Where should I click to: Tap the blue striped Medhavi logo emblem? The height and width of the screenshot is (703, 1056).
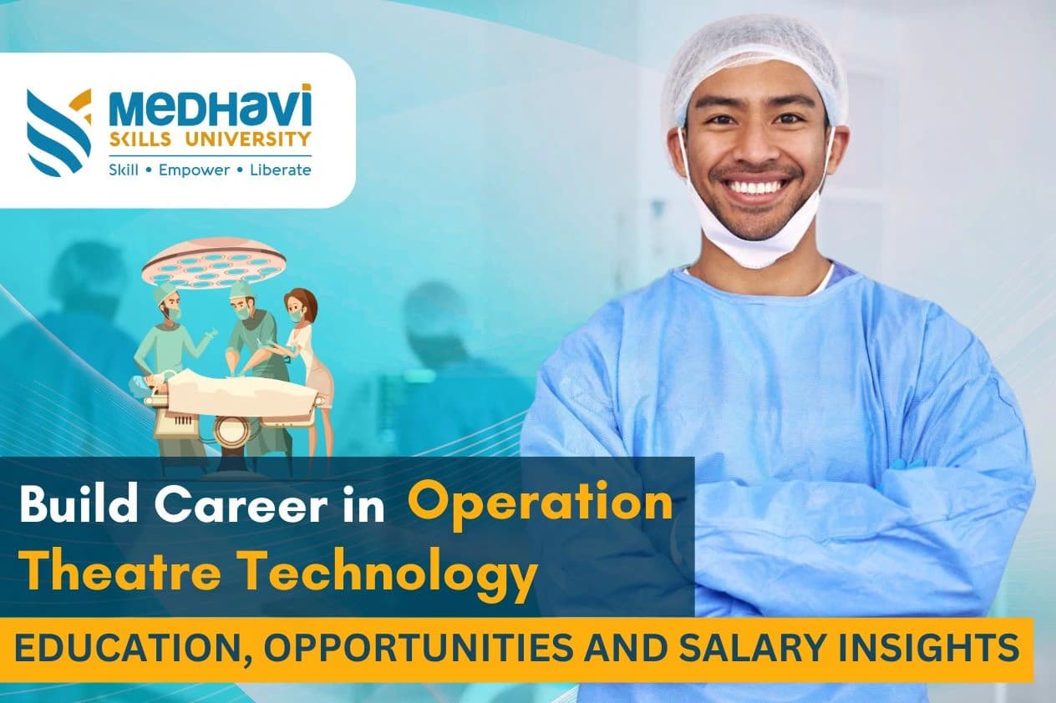[58, 131]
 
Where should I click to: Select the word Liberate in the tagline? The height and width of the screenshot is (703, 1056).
[280, 169]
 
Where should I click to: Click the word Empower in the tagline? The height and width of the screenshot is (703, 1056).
[195, 169]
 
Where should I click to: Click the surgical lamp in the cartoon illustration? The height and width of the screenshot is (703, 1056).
[214, 261]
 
